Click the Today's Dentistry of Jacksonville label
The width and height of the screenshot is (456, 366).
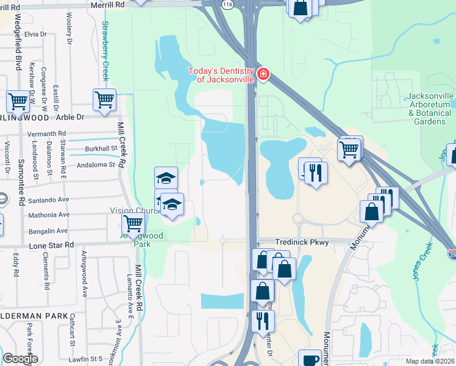point(220,76)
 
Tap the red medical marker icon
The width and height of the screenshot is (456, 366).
point(263,74)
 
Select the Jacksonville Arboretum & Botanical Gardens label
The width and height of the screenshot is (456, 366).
point(430,109)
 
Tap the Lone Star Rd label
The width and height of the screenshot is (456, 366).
point(51,245)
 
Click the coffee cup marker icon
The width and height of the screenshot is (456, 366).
point(310,360)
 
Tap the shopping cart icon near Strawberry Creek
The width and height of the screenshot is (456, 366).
point(104,98)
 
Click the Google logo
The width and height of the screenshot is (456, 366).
point(20,359)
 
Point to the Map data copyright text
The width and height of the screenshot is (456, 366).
point(430,361)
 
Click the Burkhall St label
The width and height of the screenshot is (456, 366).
point(101,148)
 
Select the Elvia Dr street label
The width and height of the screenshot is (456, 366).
point(36,34)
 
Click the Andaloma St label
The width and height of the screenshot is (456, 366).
point(96,165)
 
